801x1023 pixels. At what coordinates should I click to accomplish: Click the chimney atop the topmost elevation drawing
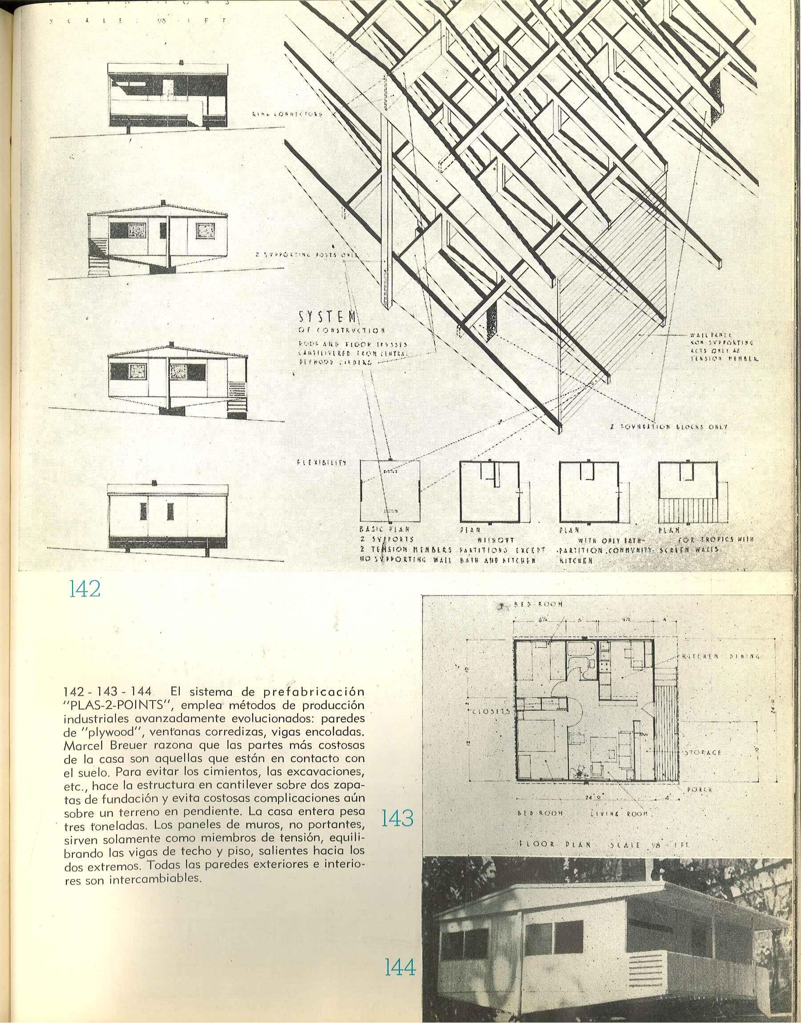click(182, 62)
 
